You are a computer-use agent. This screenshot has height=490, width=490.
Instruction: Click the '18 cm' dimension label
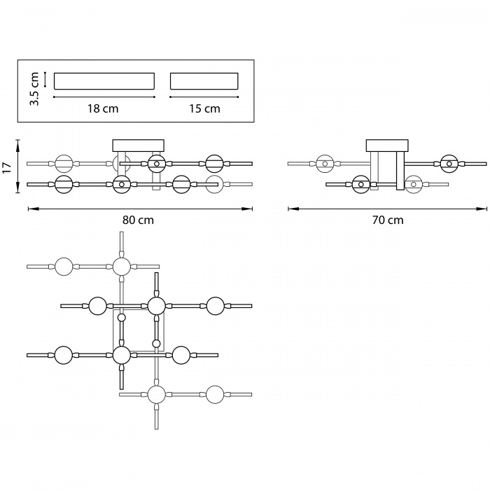pyautogui.click(x=104, y=108)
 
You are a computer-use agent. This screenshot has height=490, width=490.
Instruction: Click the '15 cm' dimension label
pyautogui.click(x=204, y=108)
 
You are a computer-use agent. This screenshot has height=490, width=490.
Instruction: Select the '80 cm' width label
pyautogui.click(x=138, y=220)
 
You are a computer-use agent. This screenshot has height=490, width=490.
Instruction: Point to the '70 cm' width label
pyautogui.click(x=387, y=220)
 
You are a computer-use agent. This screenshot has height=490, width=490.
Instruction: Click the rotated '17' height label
pyautogui.click(x=7, y=167)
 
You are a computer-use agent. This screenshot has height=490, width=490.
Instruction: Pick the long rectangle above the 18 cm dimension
pyautogui.click(x=104, y=80)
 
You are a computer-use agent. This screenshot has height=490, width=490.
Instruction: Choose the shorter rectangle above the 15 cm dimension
pyautogui.click(x=204, y=80)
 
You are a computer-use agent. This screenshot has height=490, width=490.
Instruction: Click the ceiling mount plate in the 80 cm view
pyautogui.click(x=138, y=145)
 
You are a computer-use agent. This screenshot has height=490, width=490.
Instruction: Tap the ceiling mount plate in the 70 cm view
pyautogui.click(x=386, y=145)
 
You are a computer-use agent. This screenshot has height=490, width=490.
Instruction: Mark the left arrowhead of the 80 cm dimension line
pyautogui.click(x=30, y=208)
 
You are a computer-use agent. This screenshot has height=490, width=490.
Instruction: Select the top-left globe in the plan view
pyautogui.click(x=64, y=266)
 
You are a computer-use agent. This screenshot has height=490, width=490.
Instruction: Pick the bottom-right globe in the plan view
pyautogui.click(x=214, y=394)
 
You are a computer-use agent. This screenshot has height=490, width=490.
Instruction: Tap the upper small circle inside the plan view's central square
pyautogui.click(x=122, y=318)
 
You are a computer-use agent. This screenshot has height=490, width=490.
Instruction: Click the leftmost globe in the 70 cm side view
pyautogui.click(x=324, y=164)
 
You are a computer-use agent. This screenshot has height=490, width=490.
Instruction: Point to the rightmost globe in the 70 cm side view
pyautogui.click(x=448, y=164)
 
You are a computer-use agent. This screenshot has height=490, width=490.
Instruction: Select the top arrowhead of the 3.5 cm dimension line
pyautogui.click(x=44, y=73)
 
